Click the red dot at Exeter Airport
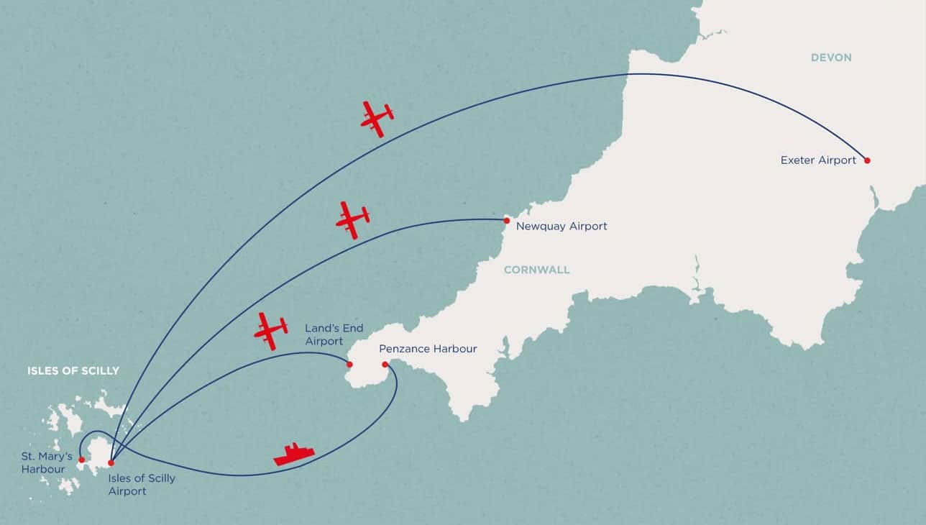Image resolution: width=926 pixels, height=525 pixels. (867, 160)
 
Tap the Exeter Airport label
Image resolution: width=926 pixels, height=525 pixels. (818, 160)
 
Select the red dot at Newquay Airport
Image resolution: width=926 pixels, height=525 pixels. (507, 220)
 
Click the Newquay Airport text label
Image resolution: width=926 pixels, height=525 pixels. (561, 227)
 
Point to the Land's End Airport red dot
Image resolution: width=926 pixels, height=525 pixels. (349, 365)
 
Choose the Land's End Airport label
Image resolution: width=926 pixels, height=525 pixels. (334, 334)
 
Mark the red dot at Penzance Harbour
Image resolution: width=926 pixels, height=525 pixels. (385, 365)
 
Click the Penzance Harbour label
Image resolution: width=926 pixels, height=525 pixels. (428, 350)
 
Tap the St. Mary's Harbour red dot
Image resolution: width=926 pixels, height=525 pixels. (81, 460)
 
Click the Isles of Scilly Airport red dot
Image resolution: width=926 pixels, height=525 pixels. (111, 462)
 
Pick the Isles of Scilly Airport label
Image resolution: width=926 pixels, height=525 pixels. (142, 485)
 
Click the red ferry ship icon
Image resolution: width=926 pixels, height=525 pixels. (294, 455)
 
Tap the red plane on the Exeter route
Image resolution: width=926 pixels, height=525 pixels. (377, 118)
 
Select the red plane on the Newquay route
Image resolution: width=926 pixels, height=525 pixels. (352, 219)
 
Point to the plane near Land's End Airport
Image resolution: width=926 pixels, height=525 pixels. (271, 331)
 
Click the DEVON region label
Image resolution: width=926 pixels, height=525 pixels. (830, 58)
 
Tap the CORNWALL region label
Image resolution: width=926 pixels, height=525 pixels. (536, 270)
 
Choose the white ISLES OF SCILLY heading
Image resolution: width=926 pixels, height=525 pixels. (73, 371)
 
